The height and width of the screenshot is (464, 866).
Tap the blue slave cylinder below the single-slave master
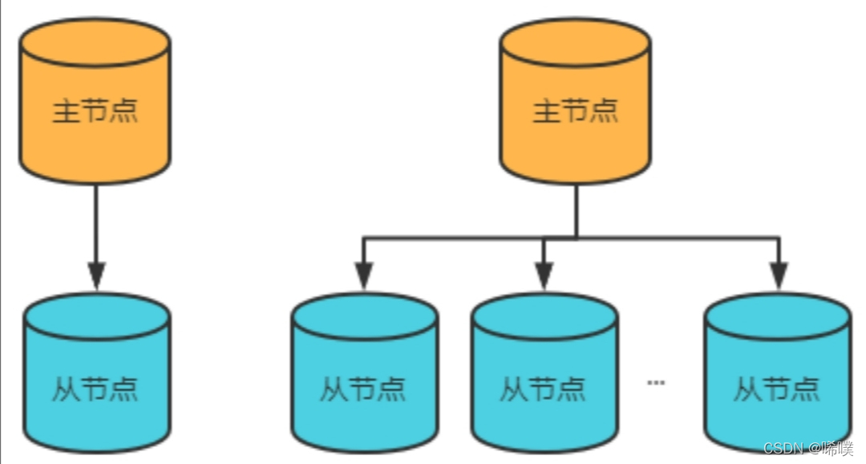pyautogui.click(x=96, y=373)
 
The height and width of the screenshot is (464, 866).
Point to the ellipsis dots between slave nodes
pyautogui.click(x=656, y=383)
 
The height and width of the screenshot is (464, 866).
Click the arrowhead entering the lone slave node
pyautogui.click(x=96, y=275)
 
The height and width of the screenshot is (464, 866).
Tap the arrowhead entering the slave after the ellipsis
pyautogui.click(x=778, y=275)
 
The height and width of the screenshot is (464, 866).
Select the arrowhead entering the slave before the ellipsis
pyautogui.click(x=544, y=275)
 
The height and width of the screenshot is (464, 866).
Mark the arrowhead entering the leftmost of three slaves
pyautogui.click(x=363, y=275)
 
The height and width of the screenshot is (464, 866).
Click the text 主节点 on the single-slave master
pyautogui.click(x=95, y=111)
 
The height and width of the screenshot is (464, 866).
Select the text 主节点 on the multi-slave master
pyautogui.click(x=576, y=111)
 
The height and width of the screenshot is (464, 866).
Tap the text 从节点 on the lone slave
pyautogui.click(x=95, y=389)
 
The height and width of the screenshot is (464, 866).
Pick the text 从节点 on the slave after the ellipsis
pyautogui.click(x=777, y=389)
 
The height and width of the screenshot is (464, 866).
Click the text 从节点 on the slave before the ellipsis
pyautogui.click(x=544, y=389)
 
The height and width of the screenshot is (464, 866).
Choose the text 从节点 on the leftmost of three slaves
pyautogui.click(x=363, y=389)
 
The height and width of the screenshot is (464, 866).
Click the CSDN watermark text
pyautogui.click(x=808, y=448)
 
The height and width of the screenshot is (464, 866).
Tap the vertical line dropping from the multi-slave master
pyautogui.click(x=576, y=210)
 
